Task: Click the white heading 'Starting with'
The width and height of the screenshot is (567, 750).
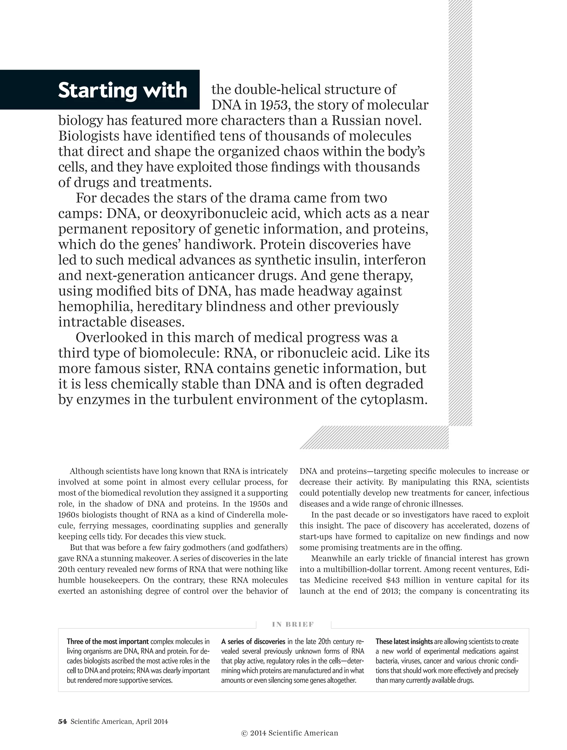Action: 122,90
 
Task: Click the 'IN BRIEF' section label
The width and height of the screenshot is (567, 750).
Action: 293,625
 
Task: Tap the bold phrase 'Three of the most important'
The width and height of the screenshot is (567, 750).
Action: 107,642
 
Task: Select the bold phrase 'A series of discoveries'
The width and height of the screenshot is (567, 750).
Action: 253,642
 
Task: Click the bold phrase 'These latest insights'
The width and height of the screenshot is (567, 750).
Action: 404,642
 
